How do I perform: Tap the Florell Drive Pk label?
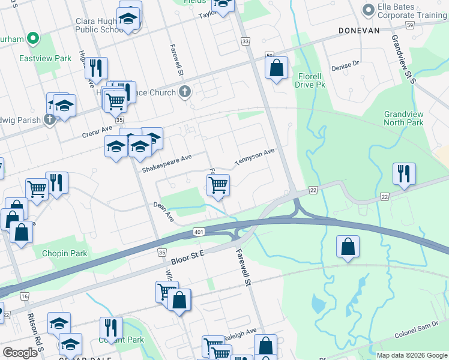(310, 80)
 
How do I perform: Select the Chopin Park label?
(64, 253)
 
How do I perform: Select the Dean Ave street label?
(163, 211)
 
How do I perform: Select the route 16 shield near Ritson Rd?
(24, 296)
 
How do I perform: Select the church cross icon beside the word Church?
(185, 92)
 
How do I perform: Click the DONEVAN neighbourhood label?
(359, 29)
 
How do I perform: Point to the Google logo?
(20, 353)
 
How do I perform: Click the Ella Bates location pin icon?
(369, 9)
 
